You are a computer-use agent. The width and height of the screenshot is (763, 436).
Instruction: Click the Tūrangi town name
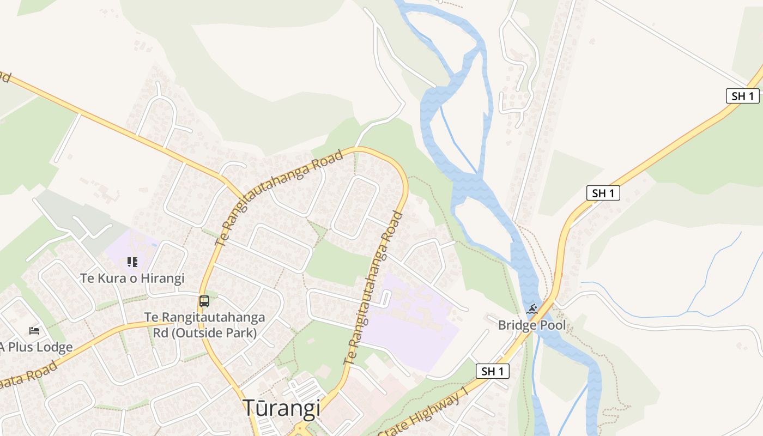pos(281,408)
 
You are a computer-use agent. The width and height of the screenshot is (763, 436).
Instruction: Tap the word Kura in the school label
pos(115,278)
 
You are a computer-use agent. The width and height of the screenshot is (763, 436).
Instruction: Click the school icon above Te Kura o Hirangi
pos(132,262)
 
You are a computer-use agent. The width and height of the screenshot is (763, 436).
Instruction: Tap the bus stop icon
pos(204,301)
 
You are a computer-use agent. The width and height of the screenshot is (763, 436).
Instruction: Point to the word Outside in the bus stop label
pos(203,332)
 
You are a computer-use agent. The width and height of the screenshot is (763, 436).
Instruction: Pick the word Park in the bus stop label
pos(242,332)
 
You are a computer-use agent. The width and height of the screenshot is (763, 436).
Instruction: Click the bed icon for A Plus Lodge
pos(34,330)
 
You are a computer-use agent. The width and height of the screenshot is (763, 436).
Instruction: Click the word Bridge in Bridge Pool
pos(516,325)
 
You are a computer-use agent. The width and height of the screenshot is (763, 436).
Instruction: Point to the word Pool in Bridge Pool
pos(551,325)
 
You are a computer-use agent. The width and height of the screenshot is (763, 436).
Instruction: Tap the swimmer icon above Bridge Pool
pos(532,310)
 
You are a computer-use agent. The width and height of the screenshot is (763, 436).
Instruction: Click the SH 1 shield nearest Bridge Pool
pos(493,371)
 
